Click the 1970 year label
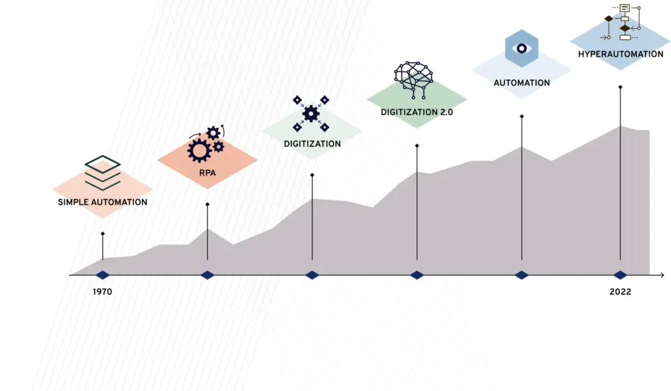(102, 291)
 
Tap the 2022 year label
(620, 291)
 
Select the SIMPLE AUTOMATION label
(102, 202)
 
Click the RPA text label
(208, 174)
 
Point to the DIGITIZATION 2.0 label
(417, 112)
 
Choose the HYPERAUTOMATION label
(621, 54)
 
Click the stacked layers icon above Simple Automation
(103, 172)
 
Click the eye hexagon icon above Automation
(522, 48)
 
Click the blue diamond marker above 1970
(102, 275)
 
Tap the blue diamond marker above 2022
(620, 275)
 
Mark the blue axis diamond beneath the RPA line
(207, 275)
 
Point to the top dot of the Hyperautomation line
(620, 86)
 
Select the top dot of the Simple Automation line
(102, 233)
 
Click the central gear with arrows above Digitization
(311, 113)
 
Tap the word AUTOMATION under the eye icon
(522, 83)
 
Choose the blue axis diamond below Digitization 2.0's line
(417, 275)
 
